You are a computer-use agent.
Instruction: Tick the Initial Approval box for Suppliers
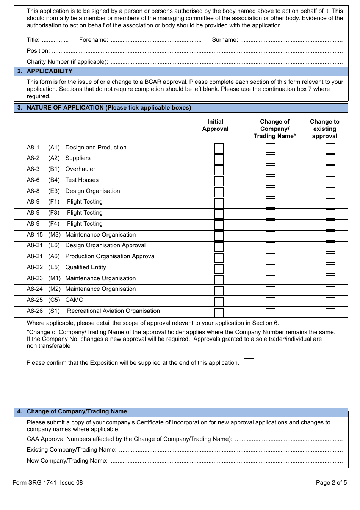(219, 159)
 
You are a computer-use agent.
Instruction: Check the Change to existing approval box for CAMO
(330, 302)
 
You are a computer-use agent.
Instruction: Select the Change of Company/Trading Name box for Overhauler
(270, 170)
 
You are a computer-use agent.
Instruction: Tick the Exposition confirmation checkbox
(249, 364)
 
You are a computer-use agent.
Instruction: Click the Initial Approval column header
(215, 125)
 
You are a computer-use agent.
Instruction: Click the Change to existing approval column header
(324, 129)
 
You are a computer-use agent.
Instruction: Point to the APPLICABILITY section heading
(49, 71)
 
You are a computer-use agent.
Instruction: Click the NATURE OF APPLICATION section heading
(109, 108)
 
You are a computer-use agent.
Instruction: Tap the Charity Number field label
(67, 62)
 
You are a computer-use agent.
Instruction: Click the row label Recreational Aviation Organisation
(113, 311)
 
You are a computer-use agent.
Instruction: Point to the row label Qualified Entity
(86, 267)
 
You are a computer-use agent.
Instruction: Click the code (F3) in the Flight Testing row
(54, 213)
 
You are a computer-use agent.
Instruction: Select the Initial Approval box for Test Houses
(219, 181)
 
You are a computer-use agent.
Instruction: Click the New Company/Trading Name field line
(226, 461)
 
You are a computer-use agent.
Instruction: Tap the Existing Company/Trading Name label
(72, 450)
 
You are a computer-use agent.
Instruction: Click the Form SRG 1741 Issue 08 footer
(47, 483)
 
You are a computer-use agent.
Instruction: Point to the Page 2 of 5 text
(331, 483)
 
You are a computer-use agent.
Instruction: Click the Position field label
(38, 51)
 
